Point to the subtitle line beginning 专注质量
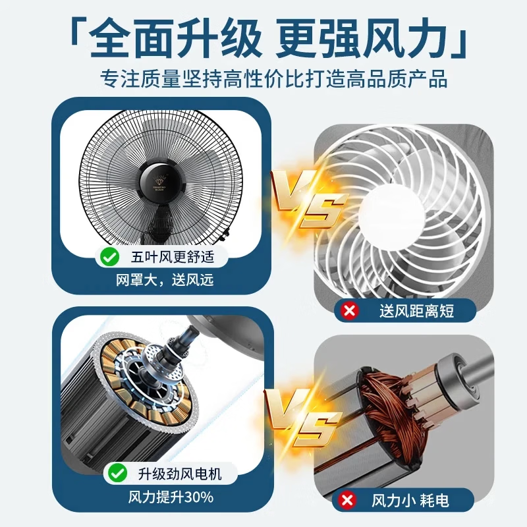coord(264,80)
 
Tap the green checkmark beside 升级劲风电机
coord(117,472)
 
